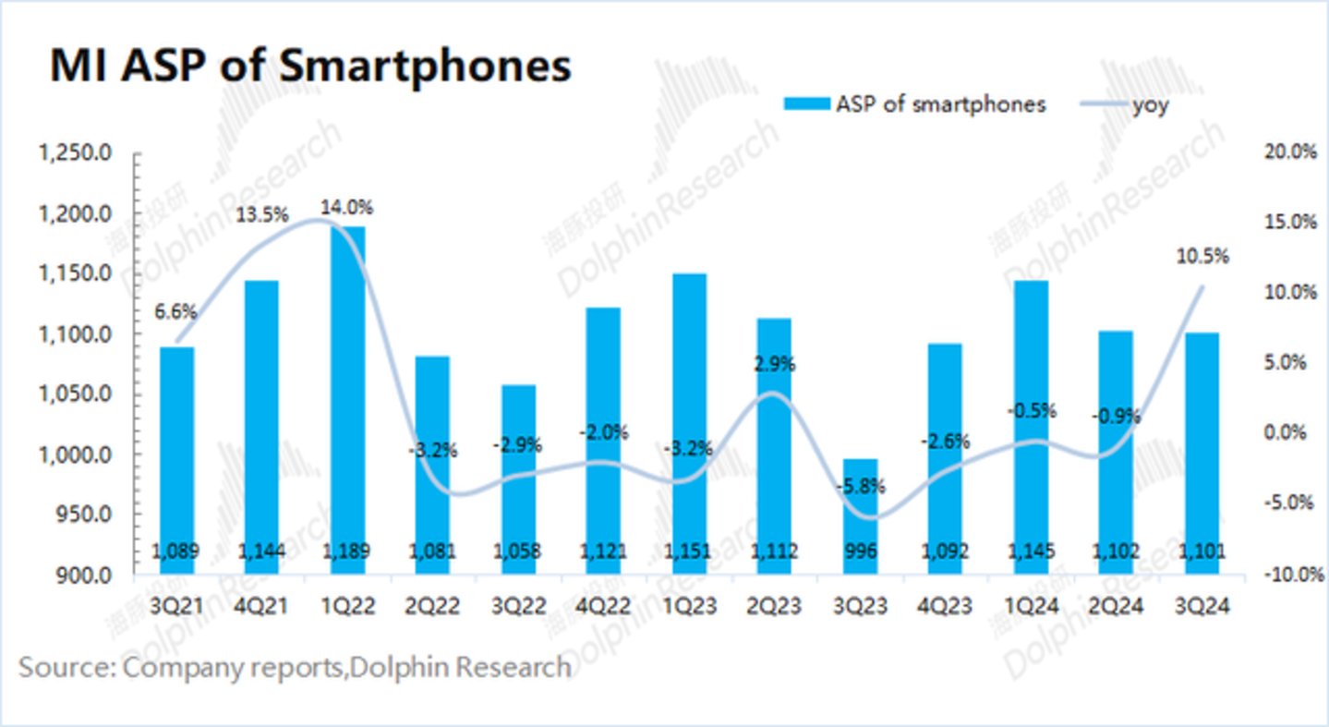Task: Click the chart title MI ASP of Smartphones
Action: coord(309,67)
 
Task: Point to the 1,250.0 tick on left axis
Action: coord(75,153)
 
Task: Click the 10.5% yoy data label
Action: coord(1202,257)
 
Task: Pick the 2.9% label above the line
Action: coord(775,364)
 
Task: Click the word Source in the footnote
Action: coord(61,667)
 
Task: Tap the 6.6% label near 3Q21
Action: coord(176,312)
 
